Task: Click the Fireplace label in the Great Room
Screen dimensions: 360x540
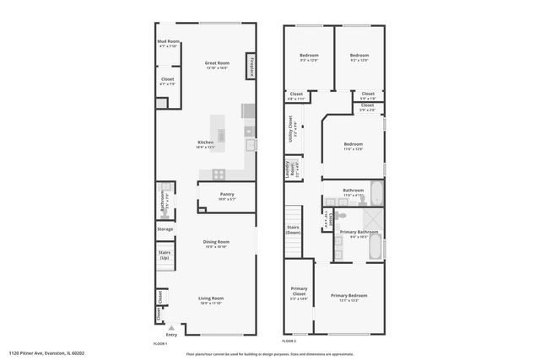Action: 251,67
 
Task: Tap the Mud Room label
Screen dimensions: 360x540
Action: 168,43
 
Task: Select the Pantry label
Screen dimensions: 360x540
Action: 227,196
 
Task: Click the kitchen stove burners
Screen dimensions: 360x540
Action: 219,175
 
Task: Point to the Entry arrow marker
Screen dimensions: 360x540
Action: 171,329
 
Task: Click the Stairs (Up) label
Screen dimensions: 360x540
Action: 165,254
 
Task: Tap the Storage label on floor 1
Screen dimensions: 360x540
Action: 165,228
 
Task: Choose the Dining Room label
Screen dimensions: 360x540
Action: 216,243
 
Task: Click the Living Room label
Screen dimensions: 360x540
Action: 210,298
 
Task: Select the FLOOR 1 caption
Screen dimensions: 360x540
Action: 160,342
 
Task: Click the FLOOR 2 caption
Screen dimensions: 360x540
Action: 289,341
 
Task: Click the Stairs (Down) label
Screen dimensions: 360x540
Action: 293,228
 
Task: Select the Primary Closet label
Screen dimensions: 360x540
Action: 299,293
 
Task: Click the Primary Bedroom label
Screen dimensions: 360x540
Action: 348,296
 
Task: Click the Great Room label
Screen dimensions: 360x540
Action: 217,64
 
